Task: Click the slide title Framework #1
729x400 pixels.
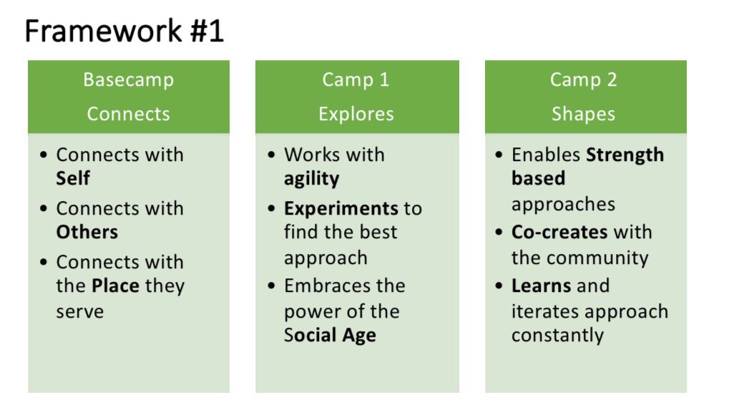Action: click(124, 31)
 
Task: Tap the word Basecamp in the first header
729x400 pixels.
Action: click(128, 79)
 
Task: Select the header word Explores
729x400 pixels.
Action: click(356, 114)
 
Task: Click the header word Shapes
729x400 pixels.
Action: click(583, 114)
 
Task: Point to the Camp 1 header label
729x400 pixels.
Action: click(356, 79)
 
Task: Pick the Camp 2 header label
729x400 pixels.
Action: click(583, 79)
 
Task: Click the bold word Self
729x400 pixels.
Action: click(73, 178)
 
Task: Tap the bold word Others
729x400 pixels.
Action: click(87, 232)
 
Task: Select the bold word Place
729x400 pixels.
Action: click(115, 286)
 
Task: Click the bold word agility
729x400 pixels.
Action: click(311, 178)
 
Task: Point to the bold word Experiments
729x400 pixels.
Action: click(341, 208)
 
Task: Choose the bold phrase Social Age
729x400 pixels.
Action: click(330, 335)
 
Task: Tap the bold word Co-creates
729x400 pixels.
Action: click(559, 232)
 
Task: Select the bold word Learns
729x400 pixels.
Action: click(540, 286)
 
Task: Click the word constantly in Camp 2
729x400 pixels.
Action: click(557, 335)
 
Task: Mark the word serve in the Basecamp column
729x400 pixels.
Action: click(79, 311)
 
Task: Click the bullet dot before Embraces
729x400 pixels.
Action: click(272, 286)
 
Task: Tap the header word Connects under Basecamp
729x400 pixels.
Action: click(128, 114)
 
